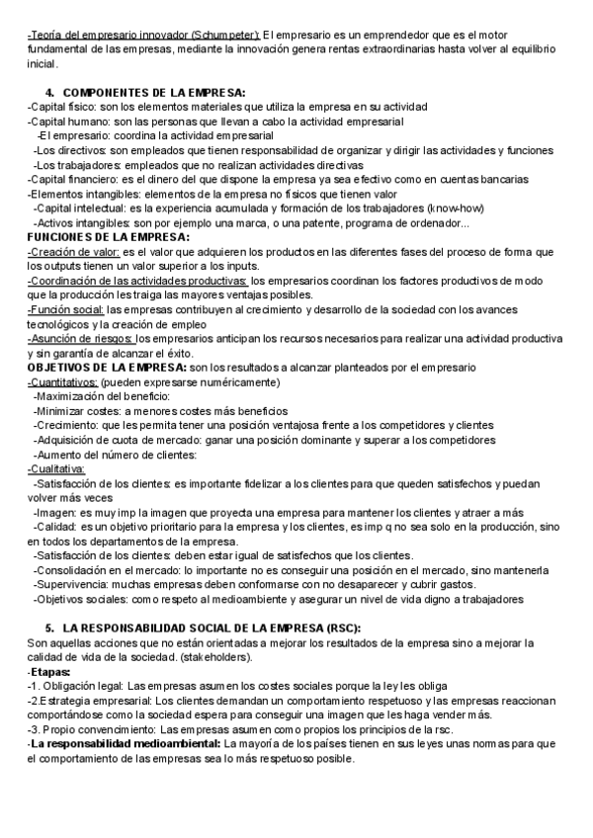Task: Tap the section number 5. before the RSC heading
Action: click(50, 628)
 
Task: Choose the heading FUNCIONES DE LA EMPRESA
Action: click(108, 238)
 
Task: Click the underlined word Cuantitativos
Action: click(62, 382)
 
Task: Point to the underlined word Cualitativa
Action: click(56, 469)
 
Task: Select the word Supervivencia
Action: click(72, 584)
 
